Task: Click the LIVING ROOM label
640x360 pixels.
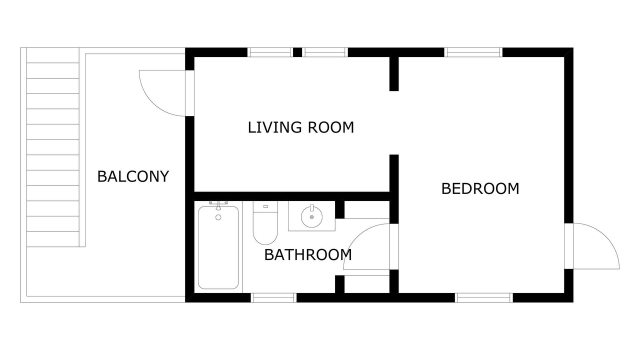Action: coord(301,127)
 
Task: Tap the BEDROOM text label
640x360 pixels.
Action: coord(480,188)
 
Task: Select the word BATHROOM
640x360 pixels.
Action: coord(307,254)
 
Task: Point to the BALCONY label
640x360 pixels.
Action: coord(133,176)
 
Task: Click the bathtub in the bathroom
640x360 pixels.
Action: coord(218,247)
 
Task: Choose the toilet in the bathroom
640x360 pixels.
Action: coord(265,223)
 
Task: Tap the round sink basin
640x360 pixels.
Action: coord(311,217)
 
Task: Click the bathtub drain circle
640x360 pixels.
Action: coord(218,217)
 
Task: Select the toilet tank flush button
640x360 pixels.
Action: coord(265,206)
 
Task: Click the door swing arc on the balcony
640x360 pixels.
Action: coord(153,102)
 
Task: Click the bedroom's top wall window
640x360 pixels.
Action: coord(473,52)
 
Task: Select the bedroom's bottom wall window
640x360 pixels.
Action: coord(483,297)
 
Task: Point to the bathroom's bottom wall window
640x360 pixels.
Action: coord(273,297)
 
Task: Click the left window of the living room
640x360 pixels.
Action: coord(270,52)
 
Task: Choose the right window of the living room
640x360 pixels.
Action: coord(325,52)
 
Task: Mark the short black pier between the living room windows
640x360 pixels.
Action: coord(297,52)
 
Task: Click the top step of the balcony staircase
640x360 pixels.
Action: coord(53,55)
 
